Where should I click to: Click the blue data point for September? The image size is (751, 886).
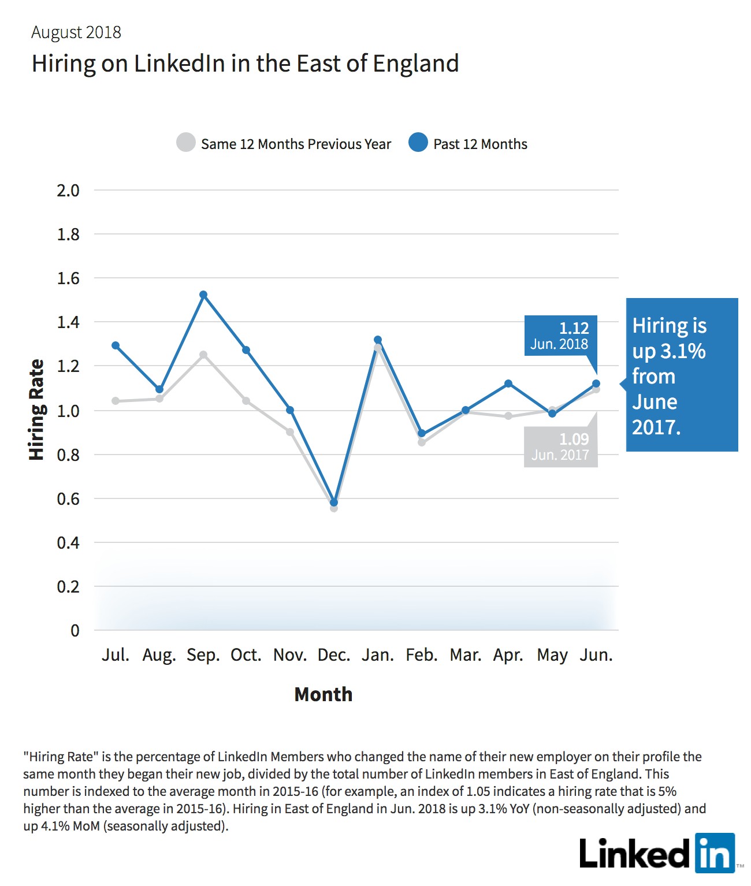click(203, 295)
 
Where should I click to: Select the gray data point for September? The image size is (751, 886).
click(203, 355)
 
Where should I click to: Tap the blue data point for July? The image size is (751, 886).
click(116, 345)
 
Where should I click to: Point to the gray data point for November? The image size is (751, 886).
click(290, 431)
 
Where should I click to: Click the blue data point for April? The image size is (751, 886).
click(508, 383)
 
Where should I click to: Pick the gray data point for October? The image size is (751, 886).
click(246, 401)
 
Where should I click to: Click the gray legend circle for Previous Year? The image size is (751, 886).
click(186, 142)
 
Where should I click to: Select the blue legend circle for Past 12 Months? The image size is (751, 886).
click(418, 142)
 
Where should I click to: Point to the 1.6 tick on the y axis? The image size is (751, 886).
click(69, 278)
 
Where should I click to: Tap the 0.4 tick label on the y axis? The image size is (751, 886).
click(69, 543)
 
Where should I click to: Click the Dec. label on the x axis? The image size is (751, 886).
click(334, 655)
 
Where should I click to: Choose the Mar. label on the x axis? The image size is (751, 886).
click(466, 655)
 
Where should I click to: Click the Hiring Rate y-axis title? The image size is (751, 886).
click(36, 410)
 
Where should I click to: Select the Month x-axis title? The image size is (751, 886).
click(323, 694)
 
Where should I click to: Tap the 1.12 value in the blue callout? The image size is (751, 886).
click(574, 328)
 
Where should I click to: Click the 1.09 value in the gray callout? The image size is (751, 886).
click(574, 439)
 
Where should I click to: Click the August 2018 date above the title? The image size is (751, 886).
click(76, 32)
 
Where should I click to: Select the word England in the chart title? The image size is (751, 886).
click(416, 64)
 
